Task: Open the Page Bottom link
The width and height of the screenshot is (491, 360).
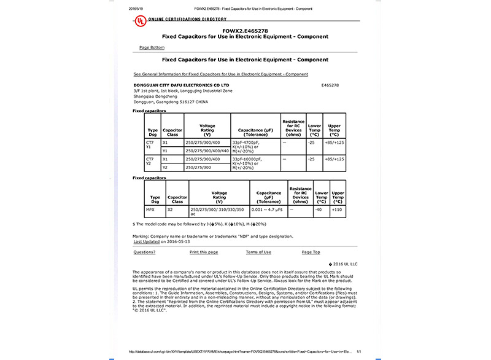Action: click(152, 47)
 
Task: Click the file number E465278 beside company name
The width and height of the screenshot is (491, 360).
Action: click(330, 85)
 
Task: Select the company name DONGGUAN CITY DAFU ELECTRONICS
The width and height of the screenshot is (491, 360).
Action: click(181, 85)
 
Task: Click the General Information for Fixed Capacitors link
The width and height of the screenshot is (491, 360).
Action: click(220, 74)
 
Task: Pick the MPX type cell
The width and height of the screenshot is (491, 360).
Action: click(150, 209)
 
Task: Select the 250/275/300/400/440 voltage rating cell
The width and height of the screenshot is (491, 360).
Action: click(207, 151)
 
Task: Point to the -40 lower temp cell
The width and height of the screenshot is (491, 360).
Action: click(319, 209)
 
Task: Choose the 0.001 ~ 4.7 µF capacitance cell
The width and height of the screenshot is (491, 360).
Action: click(268, 209)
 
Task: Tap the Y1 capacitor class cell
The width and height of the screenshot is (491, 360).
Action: click(165, 151)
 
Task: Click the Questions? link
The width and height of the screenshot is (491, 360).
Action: click(144, 252)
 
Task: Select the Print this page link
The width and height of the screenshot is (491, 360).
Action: click(204, 252)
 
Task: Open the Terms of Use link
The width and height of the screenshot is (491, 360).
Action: click(258, 252)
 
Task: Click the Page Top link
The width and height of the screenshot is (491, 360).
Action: click(311, 252)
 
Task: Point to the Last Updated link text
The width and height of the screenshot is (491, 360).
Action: click(146, 241)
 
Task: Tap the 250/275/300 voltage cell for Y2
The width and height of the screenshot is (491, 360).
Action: click(199, 167)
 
